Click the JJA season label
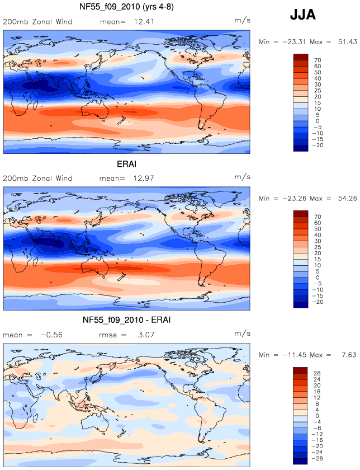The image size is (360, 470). click(x=302, y=15)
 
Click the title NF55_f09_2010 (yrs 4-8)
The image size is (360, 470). click(x=126, y=7)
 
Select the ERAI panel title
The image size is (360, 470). click(x=126, y=164)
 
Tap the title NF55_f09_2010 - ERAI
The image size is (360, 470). click(x=126, y=320)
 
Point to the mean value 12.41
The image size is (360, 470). click(x=144, y=22)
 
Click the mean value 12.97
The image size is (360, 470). click(x=144, y=178)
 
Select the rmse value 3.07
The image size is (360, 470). click(x=146, y=335)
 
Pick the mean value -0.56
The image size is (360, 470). click(x=51, y=335)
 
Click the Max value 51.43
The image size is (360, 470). click(x=347, y=42)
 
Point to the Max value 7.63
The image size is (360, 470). click(x=349, y=355)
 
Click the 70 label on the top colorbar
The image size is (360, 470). click(x=318, y=60)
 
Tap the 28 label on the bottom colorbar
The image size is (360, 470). click(x=317, y=373)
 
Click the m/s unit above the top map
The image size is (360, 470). click(x=242, y=20)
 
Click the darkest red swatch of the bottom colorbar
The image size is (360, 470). click(x=300, y=370)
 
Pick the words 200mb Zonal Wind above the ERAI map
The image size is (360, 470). click(x=37, y=178)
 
